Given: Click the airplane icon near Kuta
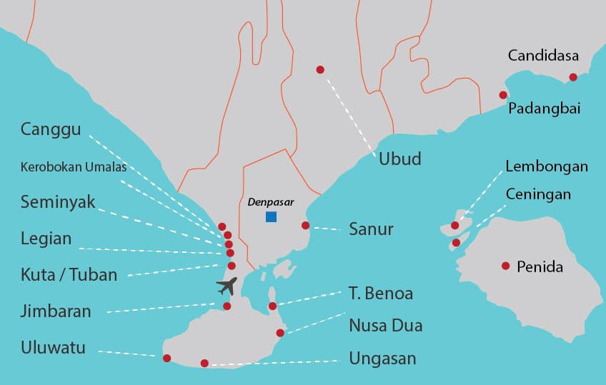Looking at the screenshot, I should coord(227,286).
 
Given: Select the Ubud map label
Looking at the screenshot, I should coord(399,159).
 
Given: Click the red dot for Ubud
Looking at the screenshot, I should coord(320,69).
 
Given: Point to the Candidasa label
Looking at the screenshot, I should coord(543,55).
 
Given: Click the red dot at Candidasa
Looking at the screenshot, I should coord(573,77).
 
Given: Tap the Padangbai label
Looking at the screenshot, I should coord(544,109).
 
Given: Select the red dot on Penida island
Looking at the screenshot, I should coord(505,266).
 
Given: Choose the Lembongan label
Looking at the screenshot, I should coord(547,166).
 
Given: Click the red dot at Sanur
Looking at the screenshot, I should coord(305,226).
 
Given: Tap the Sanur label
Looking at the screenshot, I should coord(371,229).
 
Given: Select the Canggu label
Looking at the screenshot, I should coord(51,129).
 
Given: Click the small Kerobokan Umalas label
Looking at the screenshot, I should coord(74,168).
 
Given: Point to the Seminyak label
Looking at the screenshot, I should coord(58,201).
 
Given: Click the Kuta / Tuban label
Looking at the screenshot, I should coord(69,274).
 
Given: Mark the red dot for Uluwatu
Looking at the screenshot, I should coord(167,358).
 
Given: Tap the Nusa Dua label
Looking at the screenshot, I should coord(385,326).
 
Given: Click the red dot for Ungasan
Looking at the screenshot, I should coord(204,364).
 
